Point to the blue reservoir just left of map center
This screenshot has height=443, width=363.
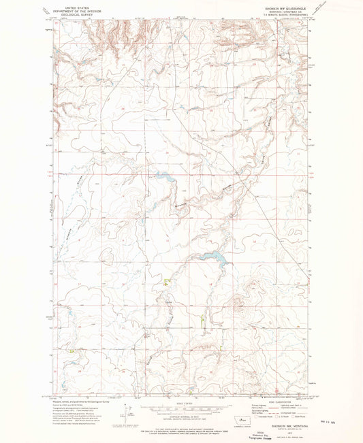point(164,176)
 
